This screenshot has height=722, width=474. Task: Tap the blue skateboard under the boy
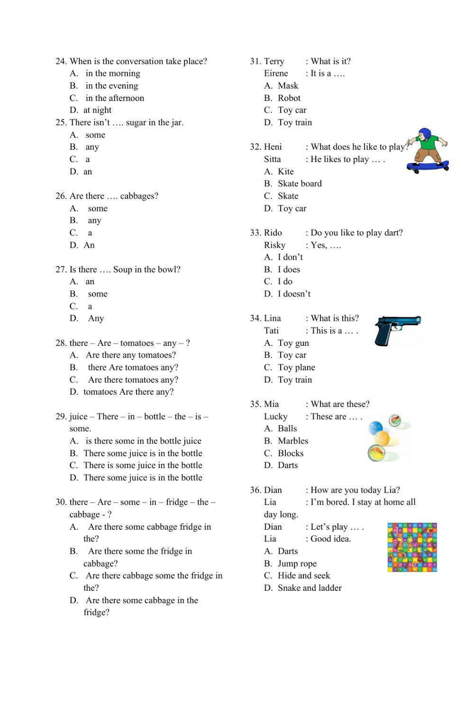click(428, 166)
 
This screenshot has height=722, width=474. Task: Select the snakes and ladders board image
click(412, 547)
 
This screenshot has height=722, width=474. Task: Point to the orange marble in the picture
click(382, 438)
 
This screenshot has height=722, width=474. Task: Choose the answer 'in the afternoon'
click(115, 98)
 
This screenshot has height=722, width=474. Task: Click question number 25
click(61, 123)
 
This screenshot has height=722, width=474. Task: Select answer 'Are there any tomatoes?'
click(131, 355)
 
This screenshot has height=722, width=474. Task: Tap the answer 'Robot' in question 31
click(289, 98)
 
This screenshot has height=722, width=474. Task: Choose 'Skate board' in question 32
click(300, 184)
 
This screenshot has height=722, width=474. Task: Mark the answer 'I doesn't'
click(294, 294)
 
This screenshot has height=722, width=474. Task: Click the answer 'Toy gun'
click(293, 343)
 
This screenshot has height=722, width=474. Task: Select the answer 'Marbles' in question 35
click(293, 441)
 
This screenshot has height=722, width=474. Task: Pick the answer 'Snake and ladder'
click(310, 588)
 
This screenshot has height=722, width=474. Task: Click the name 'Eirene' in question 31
click(276, 73)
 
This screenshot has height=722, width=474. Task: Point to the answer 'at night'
click(98, 110)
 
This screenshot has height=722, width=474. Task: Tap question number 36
click(255, 490)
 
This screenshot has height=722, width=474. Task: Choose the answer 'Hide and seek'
click(304, 576)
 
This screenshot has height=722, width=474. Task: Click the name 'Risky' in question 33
click(274, 245)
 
